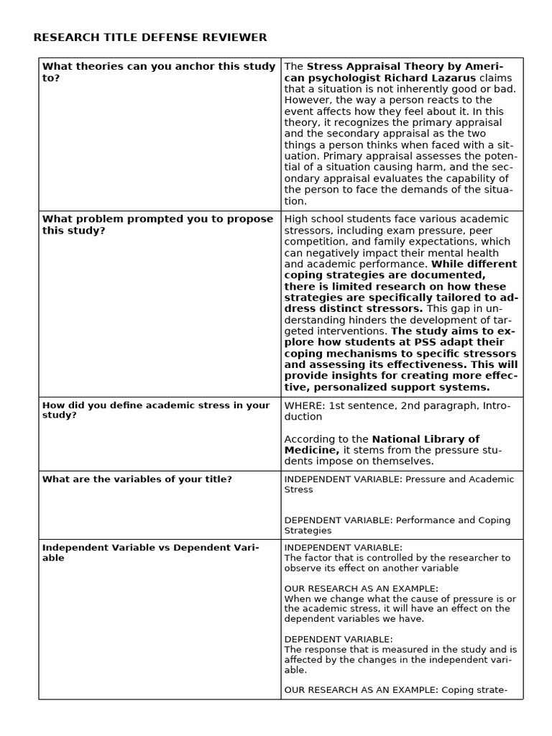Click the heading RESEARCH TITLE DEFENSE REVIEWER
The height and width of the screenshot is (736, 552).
point(150,37)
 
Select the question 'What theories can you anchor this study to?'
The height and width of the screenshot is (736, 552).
point(158,72)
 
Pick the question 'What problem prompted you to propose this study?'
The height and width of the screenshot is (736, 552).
point(157,224)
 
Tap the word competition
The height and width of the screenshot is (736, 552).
point(316,241)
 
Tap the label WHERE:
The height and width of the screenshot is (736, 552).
point(304,405)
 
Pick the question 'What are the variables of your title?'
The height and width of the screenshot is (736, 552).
point(137,479)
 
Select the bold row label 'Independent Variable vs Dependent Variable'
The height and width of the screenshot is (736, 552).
point(151,552)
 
